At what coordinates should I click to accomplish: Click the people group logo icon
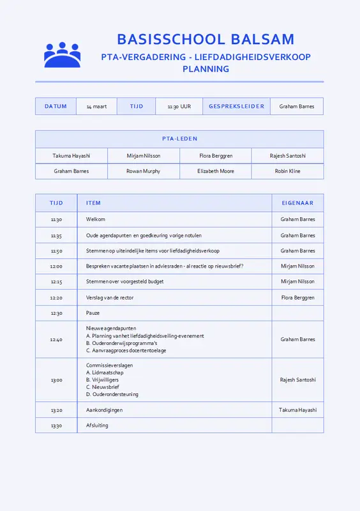point(62,55)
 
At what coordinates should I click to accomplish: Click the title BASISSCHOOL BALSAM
point(206,39)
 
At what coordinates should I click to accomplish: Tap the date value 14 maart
point(96,107)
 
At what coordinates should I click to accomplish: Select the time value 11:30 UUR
point(179,107)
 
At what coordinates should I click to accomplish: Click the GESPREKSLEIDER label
point(236,107)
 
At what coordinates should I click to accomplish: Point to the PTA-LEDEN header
point(179,139)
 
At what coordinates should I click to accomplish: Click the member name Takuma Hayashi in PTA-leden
point(71,156)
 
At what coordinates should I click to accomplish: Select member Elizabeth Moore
point(216,171)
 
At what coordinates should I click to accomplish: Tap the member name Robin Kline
point(287,171)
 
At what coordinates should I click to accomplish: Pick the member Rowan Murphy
point(143,171)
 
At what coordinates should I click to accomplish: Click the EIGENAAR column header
point(297,203)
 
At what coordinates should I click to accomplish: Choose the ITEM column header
point(93,203)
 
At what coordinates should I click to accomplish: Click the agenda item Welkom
point(95,219)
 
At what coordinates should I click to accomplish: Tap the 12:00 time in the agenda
point(56,266)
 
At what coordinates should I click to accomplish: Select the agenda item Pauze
point(93,313)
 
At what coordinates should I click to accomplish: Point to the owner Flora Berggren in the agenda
point(297,298)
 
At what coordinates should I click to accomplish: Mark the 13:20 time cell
point(56,410)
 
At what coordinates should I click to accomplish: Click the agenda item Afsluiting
point(97,425)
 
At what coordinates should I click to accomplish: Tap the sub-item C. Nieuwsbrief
point(103,387)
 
